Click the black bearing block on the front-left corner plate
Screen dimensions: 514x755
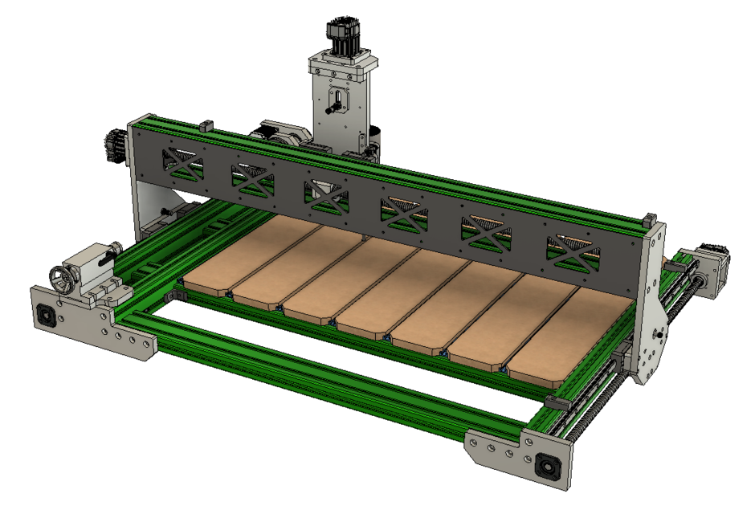47,316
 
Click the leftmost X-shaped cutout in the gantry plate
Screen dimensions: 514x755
183,162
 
